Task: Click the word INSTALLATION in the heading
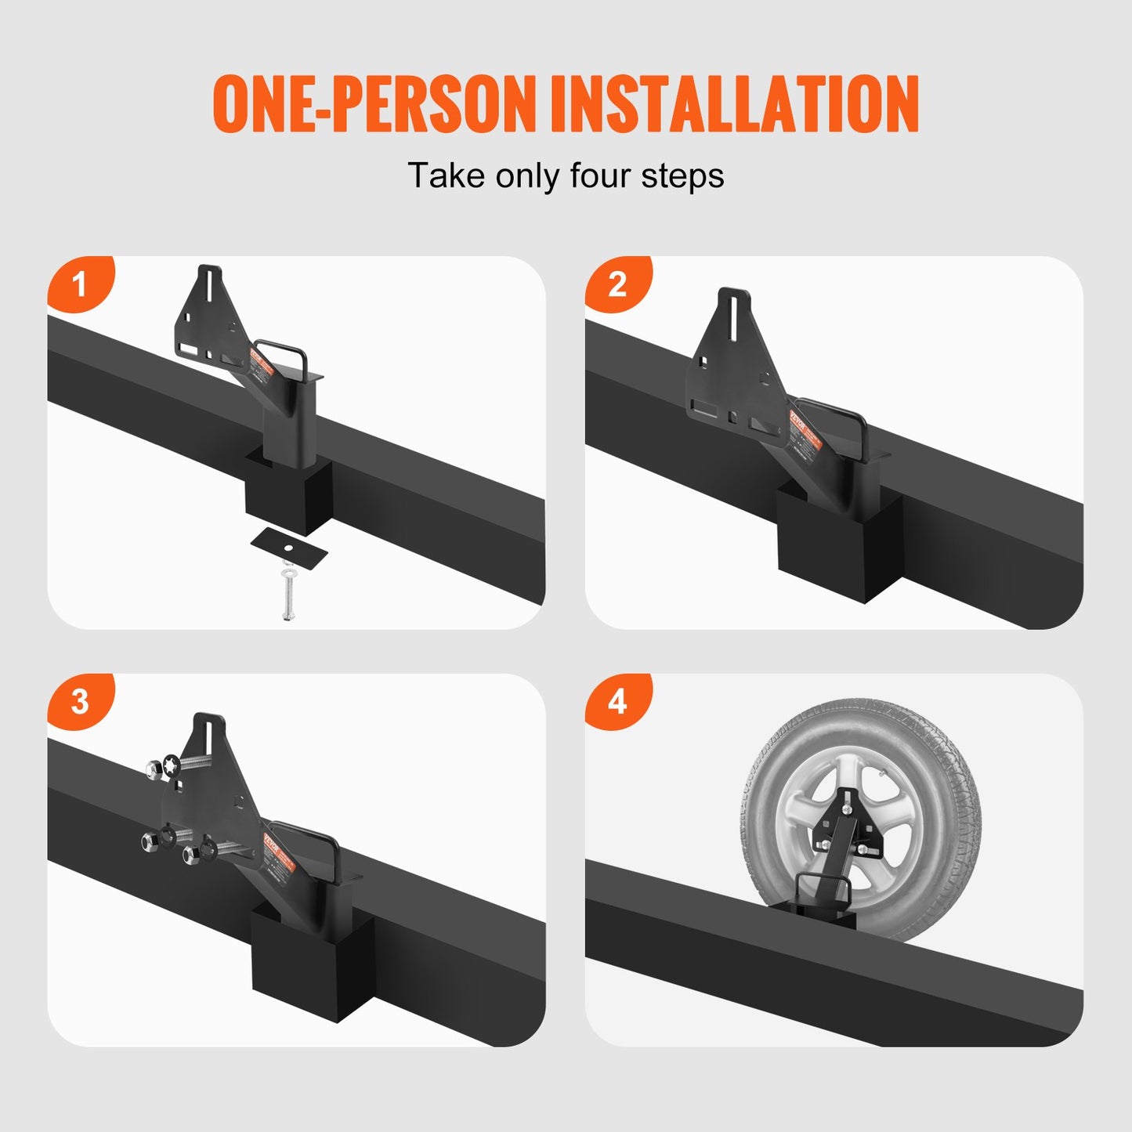pos(734,103)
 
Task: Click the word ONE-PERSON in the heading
pos(374,103)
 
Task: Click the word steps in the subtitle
pos(682,175)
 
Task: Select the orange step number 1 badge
pos(79,284)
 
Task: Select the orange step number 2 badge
pos(617,284)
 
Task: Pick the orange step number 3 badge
pos(79,701)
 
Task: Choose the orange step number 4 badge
pos(617,701)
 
